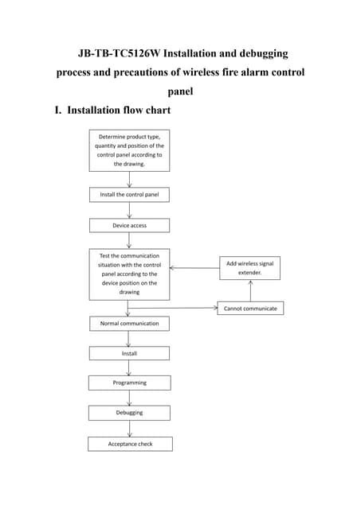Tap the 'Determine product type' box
129,150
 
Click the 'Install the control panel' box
129,194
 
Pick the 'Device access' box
129,225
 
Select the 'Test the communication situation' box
129,274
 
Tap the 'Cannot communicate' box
250,308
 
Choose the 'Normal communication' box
129,324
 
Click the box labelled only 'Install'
129,353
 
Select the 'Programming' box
129,383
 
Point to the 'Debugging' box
129,413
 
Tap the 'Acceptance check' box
129,444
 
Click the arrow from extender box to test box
194,268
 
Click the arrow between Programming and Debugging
129,398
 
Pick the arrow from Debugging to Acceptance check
129,428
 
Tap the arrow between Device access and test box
129,240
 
